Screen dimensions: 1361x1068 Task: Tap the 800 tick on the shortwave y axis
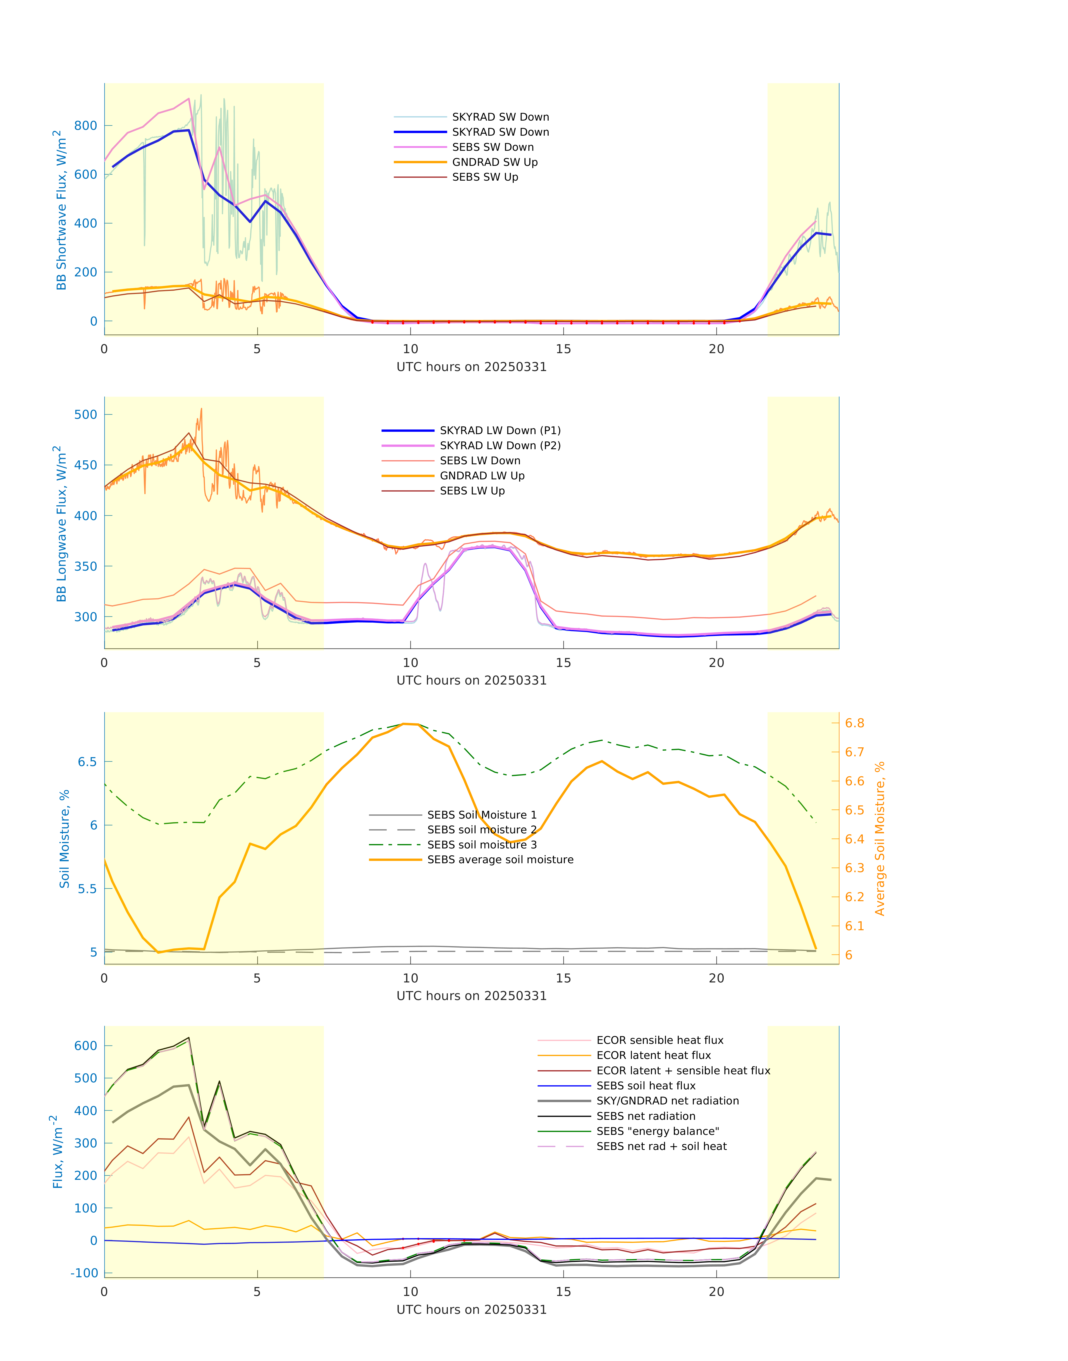(x=86, y=126)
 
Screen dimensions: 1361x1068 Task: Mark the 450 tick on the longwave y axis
(x=86, y=465)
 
